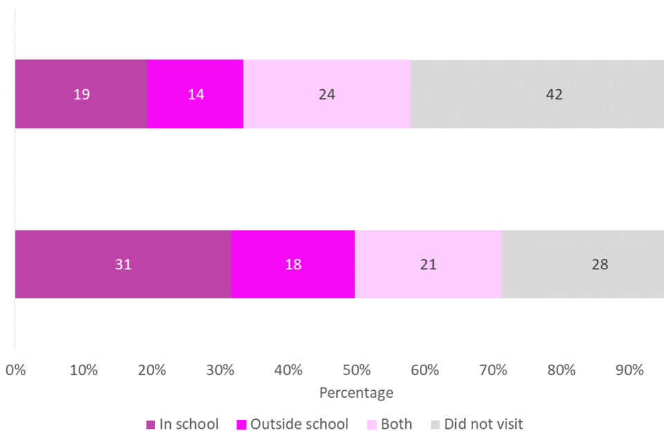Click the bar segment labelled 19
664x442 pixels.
[81, 94]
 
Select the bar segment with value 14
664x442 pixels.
[196, 94]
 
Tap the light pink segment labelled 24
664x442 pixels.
[327, 94]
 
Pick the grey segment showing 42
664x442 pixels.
[537, 94]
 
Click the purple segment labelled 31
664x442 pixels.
[123, 264]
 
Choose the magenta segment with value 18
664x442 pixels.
[293, 264]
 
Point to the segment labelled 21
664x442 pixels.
[428, 264]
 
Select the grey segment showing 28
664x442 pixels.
[582, 264]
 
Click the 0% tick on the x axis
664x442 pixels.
[15, 370]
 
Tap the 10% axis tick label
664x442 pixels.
[84, 370]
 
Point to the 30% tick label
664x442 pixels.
[220, 370]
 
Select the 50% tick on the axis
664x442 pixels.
[356, 370]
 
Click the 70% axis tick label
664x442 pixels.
[493, 370]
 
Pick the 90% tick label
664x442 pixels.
[629, 370]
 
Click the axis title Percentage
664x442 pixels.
[356, 393]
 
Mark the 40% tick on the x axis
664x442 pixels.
[288, 370]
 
